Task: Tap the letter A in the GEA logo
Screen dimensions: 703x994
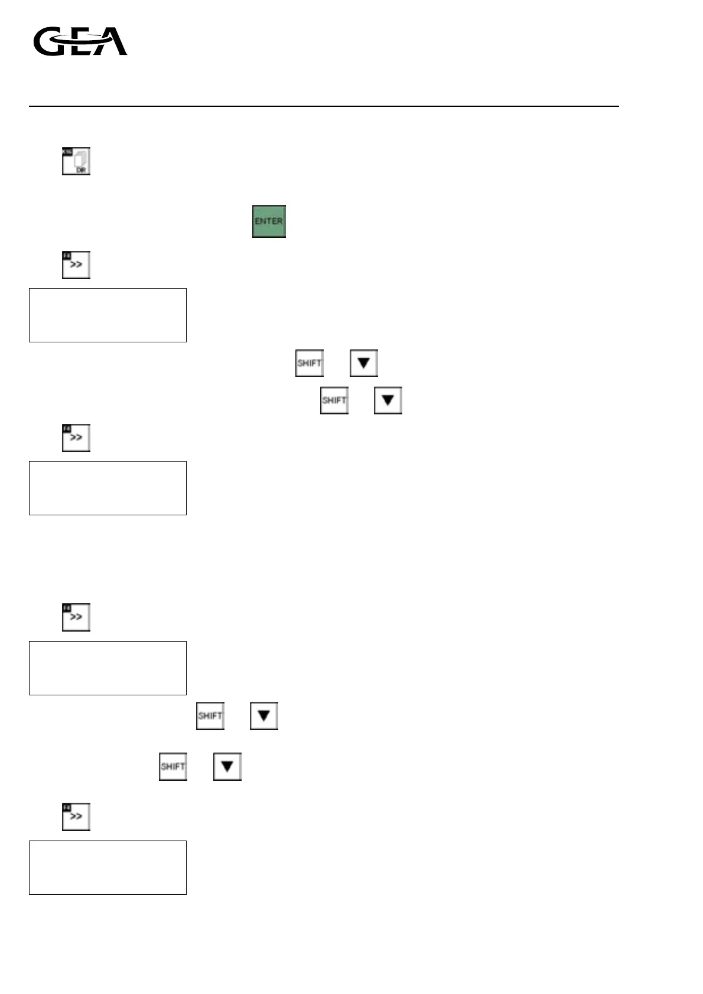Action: coord(112,42)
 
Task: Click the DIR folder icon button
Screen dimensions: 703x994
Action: coord(76,161)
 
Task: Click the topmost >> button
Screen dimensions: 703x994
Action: coord(76,265)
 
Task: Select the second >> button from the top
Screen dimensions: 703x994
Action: coord(76,438)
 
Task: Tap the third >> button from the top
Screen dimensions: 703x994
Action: coord(76,617)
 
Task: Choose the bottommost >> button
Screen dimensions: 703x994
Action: coord(76,817)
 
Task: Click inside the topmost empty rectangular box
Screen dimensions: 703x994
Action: coord(108,315)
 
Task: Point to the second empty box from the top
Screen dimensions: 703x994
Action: coord(108,488)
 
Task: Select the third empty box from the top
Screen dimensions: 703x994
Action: coord(108,668)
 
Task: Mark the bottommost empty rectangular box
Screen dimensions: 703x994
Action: coord(108,868)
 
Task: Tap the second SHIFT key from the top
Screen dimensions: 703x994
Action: coord(334,400)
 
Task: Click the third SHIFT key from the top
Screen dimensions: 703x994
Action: coord(210,716)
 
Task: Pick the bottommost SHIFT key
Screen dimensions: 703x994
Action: coord(173,767)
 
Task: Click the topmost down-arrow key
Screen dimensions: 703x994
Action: coord(363,363)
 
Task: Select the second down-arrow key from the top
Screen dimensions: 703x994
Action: coord(388,400)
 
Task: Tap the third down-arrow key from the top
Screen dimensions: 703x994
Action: coord(264,716)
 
